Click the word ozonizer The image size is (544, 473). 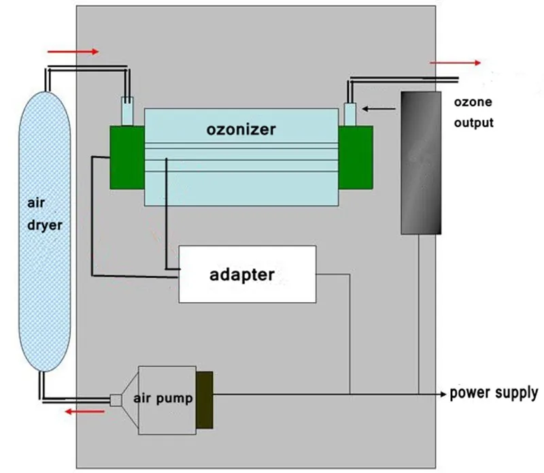(x=241, y=129)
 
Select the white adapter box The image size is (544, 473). (x=248, y=274)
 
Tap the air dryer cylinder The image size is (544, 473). (x=44, y=231)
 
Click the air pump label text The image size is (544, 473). (x=163, y=398)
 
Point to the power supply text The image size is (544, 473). (x=494, y=393)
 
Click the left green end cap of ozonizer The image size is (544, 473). (x=127, y=157)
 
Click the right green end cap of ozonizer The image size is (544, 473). (x=356, y=157)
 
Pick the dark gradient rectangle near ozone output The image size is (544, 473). (x=421, y=163)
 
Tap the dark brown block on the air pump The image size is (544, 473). (x=205, y=399)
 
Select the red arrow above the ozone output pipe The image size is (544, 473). (x=455, y=63)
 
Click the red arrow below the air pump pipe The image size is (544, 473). (x=85, y=412)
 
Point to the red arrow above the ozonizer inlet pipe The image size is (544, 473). (x=73, y=52)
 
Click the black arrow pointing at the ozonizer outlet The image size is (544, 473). (x=379, y=109)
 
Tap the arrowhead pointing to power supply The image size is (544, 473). (x=443, y=394)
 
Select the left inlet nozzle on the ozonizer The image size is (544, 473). (x=127, y=111)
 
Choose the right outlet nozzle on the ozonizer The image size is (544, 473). (x=350, y=114)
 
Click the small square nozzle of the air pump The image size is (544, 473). (x=116, y=400)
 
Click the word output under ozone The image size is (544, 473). (x=473, y=123)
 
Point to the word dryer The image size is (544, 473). (x=45, y=225)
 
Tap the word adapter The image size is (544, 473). (x=242, y=275)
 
